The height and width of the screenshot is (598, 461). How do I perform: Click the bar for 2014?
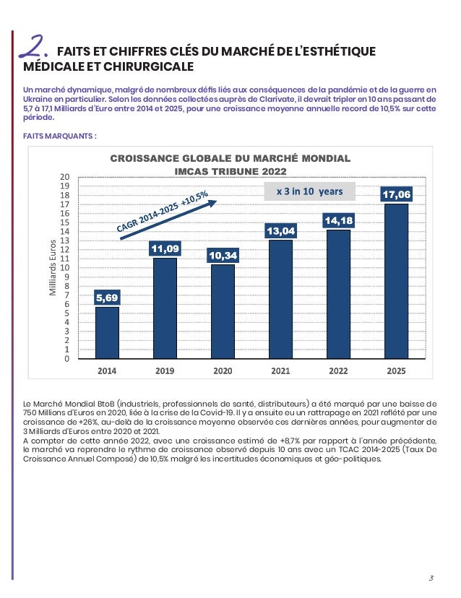[107, 332]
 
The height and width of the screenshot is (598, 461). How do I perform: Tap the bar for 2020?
[223, 311]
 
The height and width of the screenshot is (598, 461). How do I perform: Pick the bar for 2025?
[396, 281]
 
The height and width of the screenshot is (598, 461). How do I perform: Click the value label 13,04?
[280, 231]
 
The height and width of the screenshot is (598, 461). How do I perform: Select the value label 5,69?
[107, 298]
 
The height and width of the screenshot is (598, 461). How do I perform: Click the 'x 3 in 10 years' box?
[310, 191]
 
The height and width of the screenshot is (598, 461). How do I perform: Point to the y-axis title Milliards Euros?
[51, 267]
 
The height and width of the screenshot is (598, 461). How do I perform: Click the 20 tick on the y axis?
[64, 177]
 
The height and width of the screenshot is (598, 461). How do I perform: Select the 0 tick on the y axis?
[66, 359]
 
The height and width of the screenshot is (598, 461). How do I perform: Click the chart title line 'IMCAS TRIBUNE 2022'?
[231, 171]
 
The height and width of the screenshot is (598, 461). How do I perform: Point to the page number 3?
[431, 577]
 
